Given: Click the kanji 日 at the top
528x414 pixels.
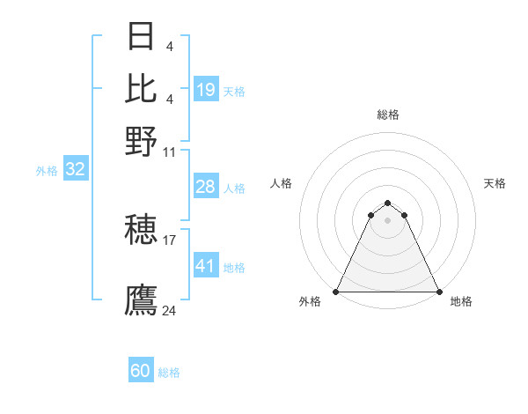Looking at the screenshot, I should pos(141,36).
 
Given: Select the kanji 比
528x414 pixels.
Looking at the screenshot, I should pos(141,88).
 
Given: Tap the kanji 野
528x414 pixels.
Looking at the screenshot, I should pos(141,140).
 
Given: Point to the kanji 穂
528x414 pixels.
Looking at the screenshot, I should pos(141,232).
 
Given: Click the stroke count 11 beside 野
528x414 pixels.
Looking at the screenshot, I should pos(170,152).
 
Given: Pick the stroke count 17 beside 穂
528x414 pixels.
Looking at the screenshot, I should pos(170,239).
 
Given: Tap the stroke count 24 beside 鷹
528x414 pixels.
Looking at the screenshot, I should pos(170,310).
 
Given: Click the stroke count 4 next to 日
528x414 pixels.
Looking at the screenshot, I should pos(169,45).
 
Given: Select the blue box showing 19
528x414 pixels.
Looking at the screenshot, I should pos(206,90).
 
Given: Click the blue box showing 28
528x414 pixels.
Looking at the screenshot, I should pos(205,187).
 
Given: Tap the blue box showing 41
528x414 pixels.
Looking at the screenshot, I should pos(205,266).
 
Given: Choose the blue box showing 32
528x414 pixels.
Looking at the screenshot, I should pos(75,170).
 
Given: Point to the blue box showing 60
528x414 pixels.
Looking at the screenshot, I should pos(141,371).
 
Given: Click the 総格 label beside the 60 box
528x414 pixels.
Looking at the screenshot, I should pos(169,373).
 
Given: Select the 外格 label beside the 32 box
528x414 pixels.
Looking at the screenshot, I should pos(47,172).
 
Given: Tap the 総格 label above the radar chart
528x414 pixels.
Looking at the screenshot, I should pos(387,115).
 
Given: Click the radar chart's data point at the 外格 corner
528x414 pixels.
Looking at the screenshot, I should pos(336,292).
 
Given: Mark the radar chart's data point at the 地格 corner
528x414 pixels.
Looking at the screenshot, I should pos(438,292).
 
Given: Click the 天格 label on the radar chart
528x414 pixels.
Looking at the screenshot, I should pos(495,183).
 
